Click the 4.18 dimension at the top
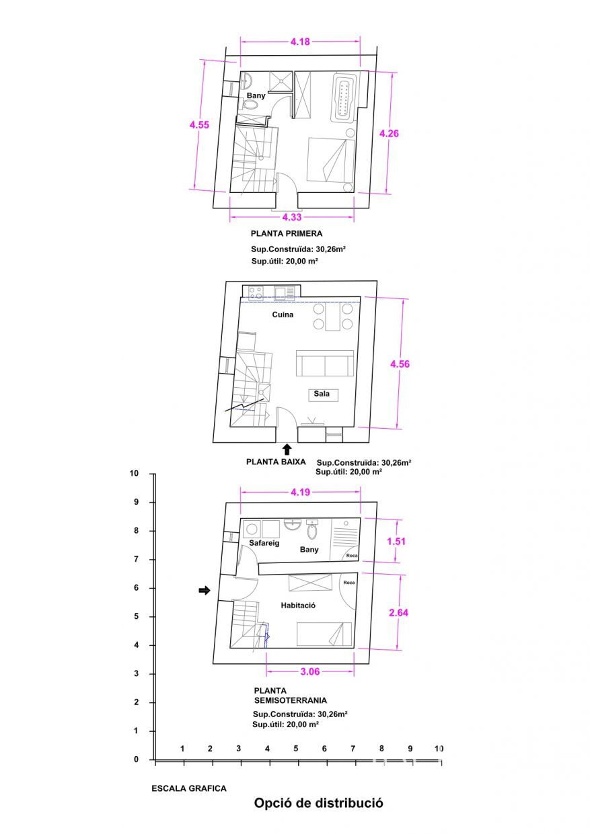[x=300, y=42]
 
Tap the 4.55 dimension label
[x=199, y=125]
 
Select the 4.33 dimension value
[x=292, y=217]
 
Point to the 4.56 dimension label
[x=400, y=364]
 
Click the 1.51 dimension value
[x=396, y=542]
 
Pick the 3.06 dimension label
[x=310, y=671]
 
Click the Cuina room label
[x=283, y=315]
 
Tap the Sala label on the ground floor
[x=322, y=394]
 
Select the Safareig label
[x=264, y=543]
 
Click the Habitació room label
[x=298, y=606]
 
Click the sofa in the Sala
[x=325, y=364]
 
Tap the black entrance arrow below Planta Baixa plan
[x=287, y=450]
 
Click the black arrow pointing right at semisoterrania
[x=205, y=590]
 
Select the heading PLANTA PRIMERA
[x=287, y=234]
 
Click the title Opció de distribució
[x=318, y=802]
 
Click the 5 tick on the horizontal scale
[x=296, y=749]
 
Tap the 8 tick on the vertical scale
[x=137, y=530]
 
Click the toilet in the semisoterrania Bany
[x=312, y=530]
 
